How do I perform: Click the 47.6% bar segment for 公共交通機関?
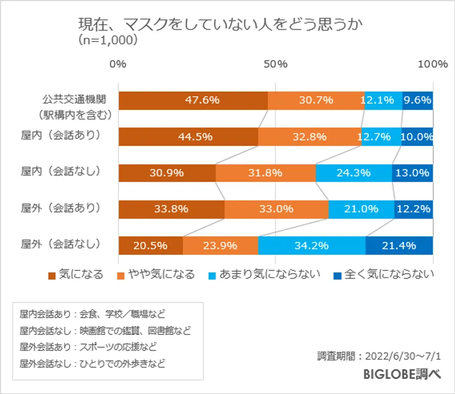(193, 100)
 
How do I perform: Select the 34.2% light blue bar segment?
(311, 245)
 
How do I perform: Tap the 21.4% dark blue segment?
(399, 245)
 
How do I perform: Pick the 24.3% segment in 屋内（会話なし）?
(353, 173)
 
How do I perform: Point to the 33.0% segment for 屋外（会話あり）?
(276, 209)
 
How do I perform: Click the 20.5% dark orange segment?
(151, 245)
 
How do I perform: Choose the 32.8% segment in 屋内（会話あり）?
(309, 136)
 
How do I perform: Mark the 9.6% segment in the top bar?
(418, 100)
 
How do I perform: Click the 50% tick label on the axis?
(276, 64)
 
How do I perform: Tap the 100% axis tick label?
(432, 64)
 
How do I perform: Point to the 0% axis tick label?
(118, 64)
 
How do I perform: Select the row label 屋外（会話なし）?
(61, 244)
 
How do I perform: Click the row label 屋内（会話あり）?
(61, 135)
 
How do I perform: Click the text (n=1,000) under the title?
(108, 40)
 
